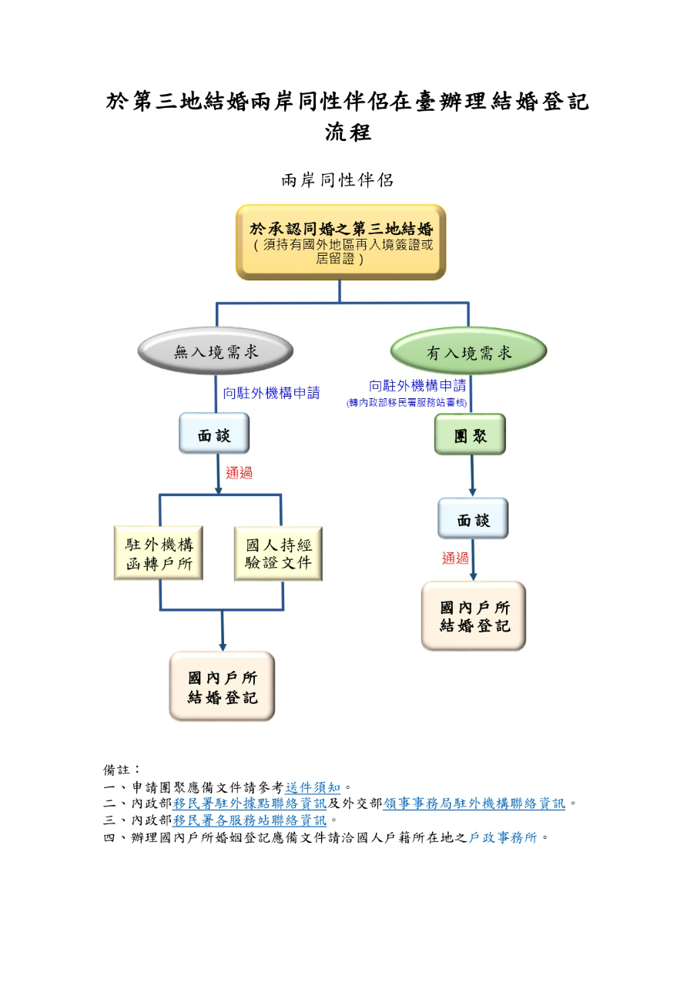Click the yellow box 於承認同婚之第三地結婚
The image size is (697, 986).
click(340, 242)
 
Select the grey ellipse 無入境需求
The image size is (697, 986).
click(216, 353)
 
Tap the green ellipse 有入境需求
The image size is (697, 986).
click(468, 353)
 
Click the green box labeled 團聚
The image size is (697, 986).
click(470, 434)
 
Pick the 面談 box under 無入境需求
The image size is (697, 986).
click(214, 434)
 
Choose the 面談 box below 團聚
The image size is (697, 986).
click(473, 519)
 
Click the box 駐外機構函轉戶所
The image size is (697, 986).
click(160, 554)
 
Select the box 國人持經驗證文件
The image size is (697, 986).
click(278, 554)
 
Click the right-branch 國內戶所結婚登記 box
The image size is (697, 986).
click(474, 616)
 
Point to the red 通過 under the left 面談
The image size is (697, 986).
click(239, 473)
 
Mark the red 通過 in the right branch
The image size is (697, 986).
click(455, 558)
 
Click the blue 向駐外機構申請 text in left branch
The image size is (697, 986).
click(271, 393)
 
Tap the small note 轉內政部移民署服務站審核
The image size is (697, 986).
click(407, 403)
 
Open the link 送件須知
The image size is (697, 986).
click(313, 787)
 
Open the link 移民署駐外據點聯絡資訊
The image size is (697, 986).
click(250, 803)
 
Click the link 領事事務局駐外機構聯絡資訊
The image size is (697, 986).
click(474, 803)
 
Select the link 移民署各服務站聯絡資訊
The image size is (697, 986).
click(250, 820)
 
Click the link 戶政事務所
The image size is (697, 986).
click(503, 837)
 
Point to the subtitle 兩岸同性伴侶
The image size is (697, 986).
click(337, 180)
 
